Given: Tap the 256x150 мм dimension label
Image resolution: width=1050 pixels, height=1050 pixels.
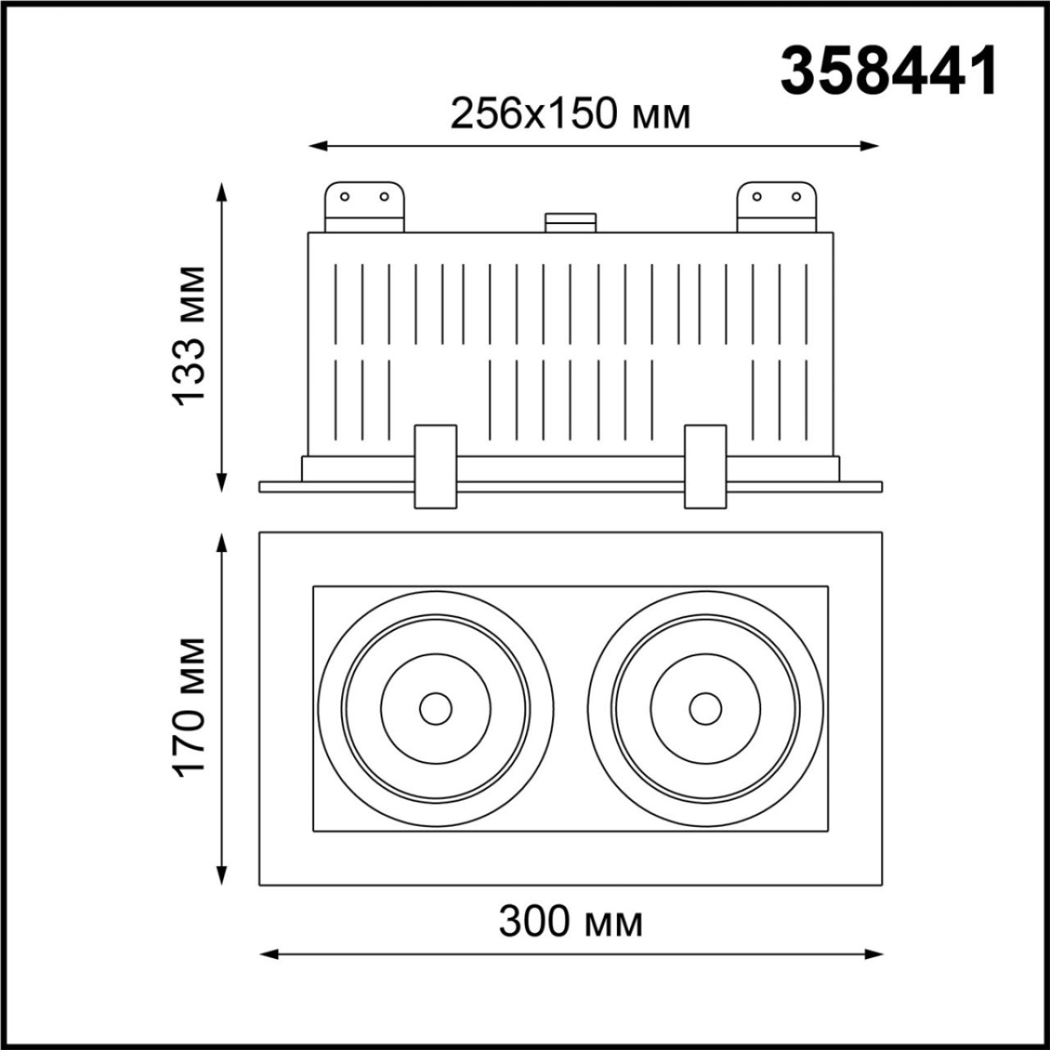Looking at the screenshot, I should pos(570,113).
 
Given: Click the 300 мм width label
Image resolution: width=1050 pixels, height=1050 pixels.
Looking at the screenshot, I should pos(570,921).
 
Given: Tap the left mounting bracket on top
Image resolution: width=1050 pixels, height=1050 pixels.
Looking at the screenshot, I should pos(365,206).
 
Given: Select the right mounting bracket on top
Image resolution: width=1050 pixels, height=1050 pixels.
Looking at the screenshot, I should pos(777,206).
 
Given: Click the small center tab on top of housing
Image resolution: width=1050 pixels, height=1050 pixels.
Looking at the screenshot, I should pos(570,222).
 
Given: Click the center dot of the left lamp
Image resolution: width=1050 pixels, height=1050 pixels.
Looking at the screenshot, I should pos(435,708).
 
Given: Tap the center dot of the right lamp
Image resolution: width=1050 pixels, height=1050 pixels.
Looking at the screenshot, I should pos(705,708).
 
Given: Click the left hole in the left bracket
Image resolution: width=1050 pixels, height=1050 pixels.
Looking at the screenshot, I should pos(345,196).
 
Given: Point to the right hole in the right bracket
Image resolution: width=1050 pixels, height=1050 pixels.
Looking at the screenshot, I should pos(796,196).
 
